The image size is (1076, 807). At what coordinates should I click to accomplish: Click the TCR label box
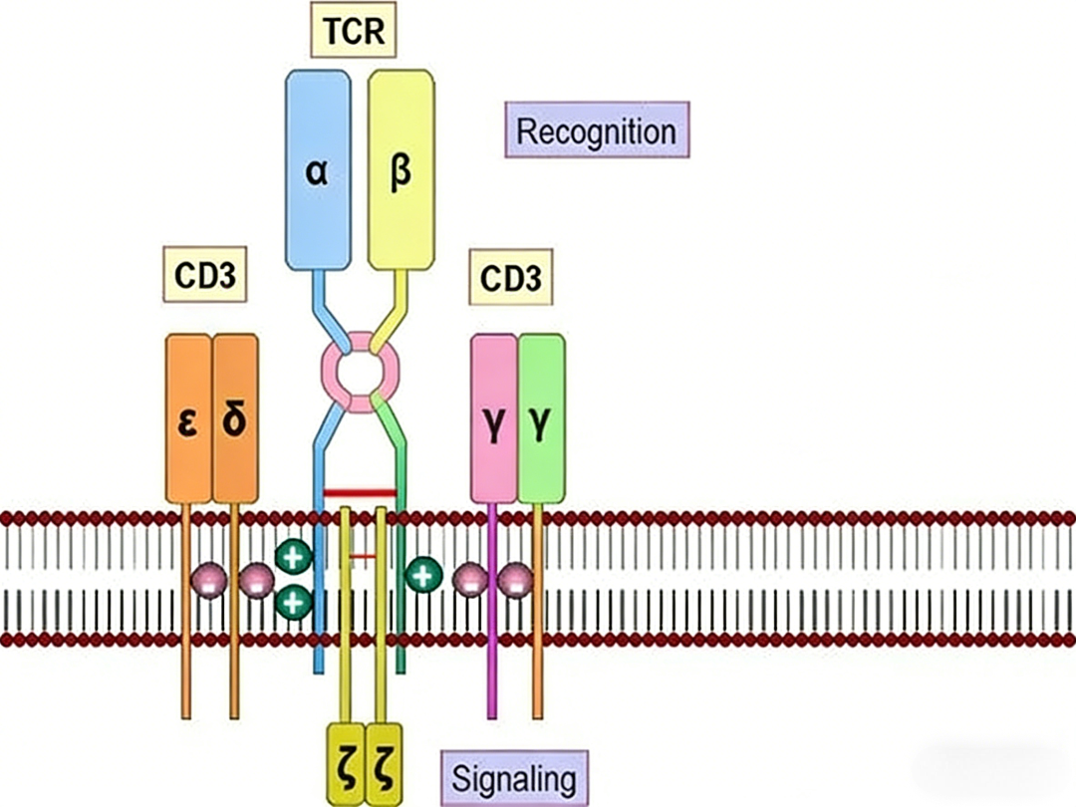(x=354, y=30)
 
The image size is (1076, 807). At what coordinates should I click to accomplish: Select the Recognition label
(x=597, y=131)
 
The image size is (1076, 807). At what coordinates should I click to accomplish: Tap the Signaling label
(x=514, y=779)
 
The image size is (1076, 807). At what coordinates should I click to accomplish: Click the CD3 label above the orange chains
(x=204, y=275)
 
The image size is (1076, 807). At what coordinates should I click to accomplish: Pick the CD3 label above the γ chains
(x=510, y=277)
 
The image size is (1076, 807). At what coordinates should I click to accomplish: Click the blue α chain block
(x=318, y=170)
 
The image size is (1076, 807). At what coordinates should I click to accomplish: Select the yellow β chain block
(x=401, y=170)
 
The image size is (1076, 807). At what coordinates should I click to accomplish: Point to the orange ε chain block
(x=188, y=418)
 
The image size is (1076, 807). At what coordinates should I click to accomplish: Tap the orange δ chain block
(x=235, y=418)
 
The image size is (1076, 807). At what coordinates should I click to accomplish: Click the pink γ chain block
(x=494, y=418)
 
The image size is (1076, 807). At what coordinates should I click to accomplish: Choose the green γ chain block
(x=541, y=418)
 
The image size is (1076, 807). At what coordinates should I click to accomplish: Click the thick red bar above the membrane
(x=361, y=493)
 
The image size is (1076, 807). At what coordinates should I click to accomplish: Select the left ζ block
(x=346, y=764)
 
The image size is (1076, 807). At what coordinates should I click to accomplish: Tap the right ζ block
(x=384, y=764)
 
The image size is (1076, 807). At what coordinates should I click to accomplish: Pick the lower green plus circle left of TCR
(x=294, y=602)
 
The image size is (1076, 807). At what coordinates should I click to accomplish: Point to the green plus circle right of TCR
(x=423, y=575)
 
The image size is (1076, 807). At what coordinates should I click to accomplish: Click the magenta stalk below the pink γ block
(x=491, y=611)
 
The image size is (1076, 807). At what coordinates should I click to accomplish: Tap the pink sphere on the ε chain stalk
(x=208, y=580)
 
